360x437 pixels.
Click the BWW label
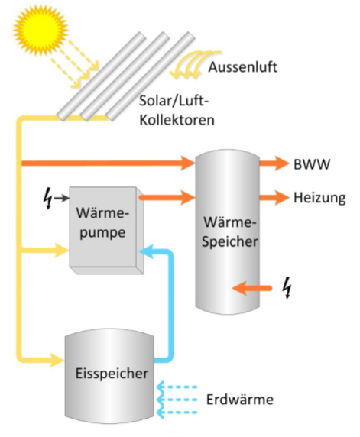click(307, 163)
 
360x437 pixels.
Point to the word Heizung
click(316, 197)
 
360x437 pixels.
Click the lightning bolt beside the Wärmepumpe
click(49, 200)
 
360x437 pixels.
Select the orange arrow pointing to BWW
click(272, 163)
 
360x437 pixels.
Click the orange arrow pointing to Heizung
click(272, 197)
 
